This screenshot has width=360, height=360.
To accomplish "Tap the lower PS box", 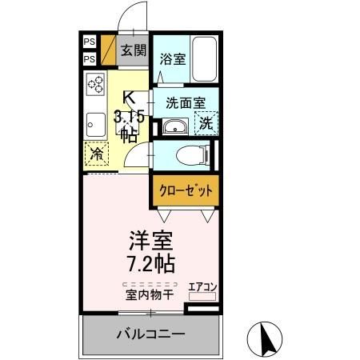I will [89, 59].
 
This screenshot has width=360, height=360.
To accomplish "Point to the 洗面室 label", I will [185, 102].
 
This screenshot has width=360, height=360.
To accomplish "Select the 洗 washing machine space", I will [206, 124].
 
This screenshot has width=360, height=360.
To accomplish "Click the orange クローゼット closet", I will [184, 191].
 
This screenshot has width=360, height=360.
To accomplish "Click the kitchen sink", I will [95, 123].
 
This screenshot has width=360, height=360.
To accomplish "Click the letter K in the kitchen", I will [127, 100].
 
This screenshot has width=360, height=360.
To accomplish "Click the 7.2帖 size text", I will [150, 263].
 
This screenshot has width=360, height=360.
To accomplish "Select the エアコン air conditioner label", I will [202, 286].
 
